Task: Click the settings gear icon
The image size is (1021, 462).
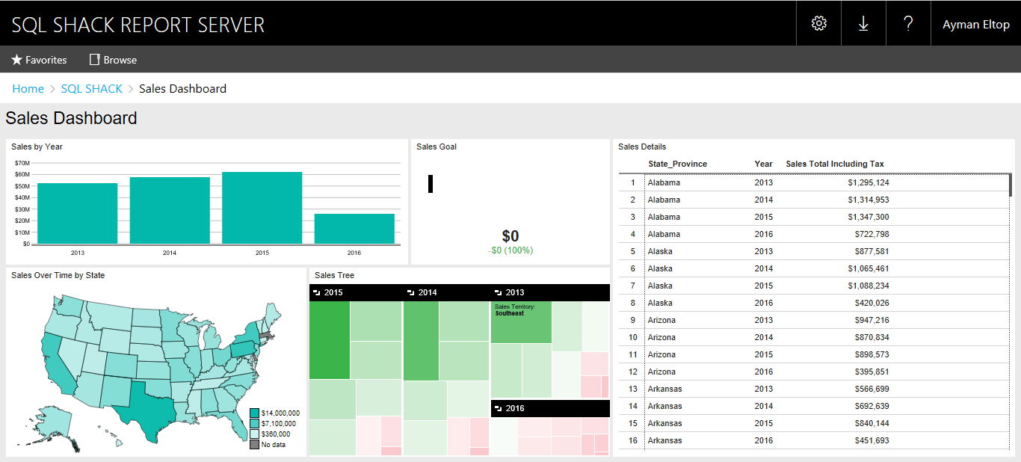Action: (x=818, y=23)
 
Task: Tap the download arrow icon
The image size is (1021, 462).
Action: (x=863, y=23)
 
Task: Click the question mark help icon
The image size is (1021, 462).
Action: (x=908, y=23)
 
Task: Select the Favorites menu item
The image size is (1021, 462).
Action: (x=39, y=60)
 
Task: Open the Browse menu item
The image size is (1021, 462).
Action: (x=113, y=60)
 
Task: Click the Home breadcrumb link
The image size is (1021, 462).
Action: (x=28, y=88)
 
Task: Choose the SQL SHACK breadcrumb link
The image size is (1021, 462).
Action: (x=91, y=88)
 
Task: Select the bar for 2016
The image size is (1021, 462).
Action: (x=354, y=229)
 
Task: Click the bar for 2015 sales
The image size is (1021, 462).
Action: (x=262, y=208)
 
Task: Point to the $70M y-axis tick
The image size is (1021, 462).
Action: (x=22, y=163)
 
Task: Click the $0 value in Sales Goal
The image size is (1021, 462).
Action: (x=510, y=236)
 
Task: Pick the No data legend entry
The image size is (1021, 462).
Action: (x=273, y=445)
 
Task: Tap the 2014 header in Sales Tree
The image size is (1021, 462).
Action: (x=428, y=292)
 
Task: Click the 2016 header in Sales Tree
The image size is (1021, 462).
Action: (x=515, y=408)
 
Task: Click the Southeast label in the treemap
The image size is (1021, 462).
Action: (x=510, y=313)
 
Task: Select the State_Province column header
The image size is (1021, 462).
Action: (x=677, y=164)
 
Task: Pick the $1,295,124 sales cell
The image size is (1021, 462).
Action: (x=868, y=182)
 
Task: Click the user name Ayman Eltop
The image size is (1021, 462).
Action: (x=975, y=24)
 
